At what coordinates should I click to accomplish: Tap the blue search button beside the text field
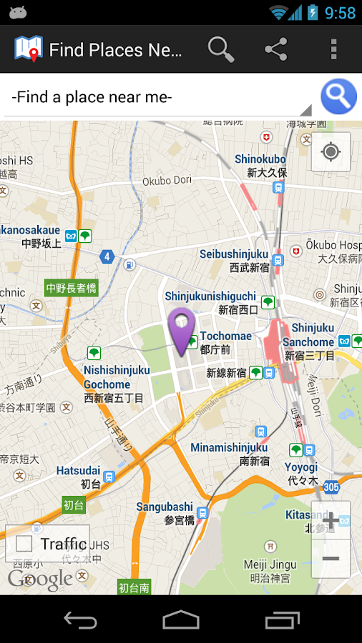tap(338, 96)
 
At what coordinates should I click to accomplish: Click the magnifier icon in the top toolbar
tap(221, 49)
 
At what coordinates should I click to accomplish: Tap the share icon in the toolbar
tap(275, 49)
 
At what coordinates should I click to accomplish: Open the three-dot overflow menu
tap(333, 49)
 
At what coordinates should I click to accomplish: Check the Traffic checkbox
tap(24, 544)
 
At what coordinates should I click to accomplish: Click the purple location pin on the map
tap(182, 330)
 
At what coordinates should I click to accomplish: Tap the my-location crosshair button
tap(331, 151)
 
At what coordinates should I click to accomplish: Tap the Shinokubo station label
tap(260, 159)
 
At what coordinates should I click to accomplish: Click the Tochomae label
tap(226, 336)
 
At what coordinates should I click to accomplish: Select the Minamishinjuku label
tap(229, 448)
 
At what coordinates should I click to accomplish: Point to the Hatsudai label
tap(78, 471)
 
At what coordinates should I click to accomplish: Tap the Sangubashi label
tap(165, 507)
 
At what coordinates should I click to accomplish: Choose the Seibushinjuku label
tap(234, 254)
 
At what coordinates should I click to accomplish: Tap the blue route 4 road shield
tap(107, 256)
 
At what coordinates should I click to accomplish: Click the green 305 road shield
tap(331, 487)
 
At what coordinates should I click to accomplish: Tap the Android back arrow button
tap(80, 619)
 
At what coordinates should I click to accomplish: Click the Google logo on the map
tap(40, 579)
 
